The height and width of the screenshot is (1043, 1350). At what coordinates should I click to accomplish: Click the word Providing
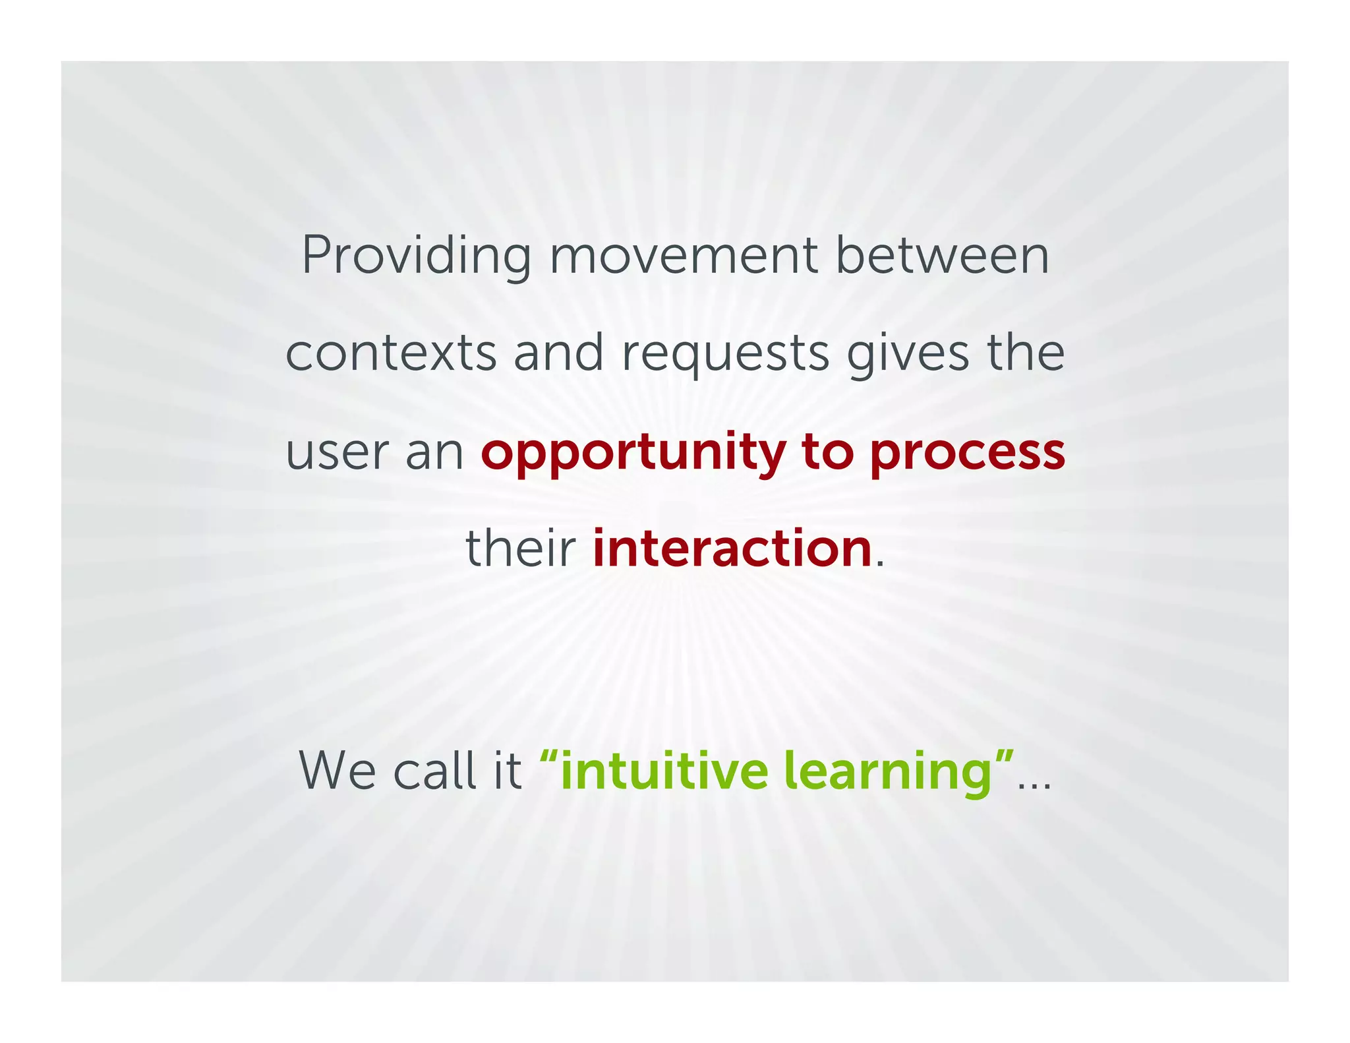tap(416, 256)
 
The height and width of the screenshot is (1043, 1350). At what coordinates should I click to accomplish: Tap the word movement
tap(684, 256)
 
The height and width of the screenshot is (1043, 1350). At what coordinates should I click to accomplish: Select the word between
tap(942, 256)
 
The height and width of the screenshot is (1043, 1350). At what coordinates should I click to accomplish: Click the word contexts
tap(390, 353)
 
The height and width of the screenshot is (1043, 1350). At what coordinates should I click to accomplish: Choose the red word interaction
tap(732, 549)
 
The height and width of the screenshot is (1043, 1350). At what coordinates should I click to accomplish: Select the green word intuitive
tap(663, 771)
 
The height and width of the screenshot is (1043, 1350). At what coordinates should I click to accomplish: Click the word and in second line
tap(558, 353)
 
